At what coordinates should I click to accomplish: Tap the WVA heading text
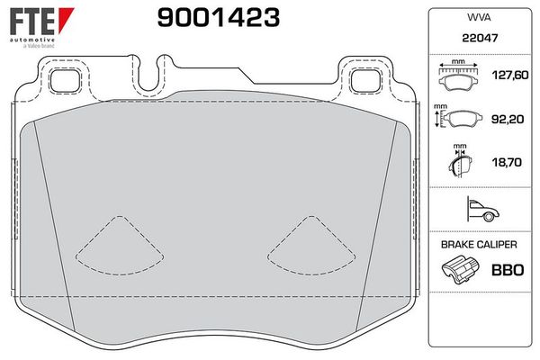pyautogui.click(x=477, y=17)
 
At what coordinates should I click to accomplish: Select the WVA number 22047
pyautogui.click(x=477, y=40)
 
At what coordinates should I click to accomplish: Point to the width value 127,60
pyautogui.click(x=503, y=76)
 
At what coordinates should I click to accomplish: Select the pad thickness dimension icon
pyautogui.click(x=461, y=163)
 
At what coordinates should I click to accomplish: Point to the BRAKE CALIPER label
pyautogui.click(x=477, y=244)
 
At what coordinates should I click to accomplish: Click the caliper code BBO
pyautogui.click(x=504, y=268)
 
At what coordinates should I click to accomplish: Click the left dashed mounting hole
pyautogui.click(x=65, y=79)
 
